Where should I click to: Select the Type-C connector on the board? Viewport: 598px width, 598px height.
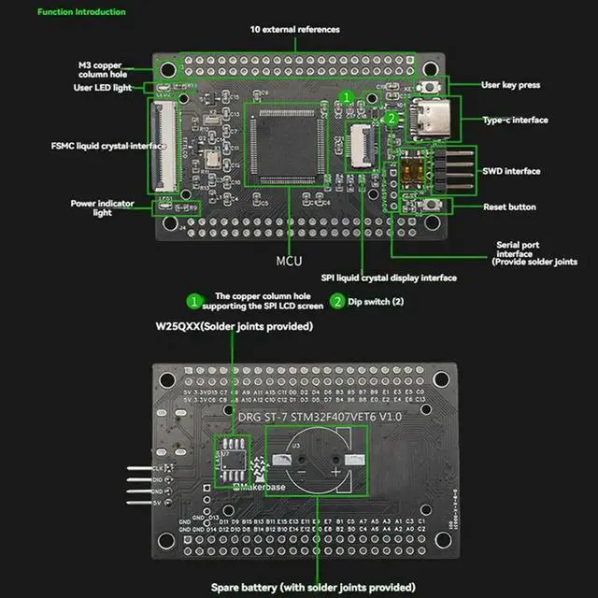(x=438, y=119)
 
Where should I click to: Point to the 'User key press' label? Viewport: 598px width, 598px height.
(x=510, y=85)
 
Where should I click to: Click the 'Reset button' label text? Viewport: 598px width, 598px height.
(x=509, y=206)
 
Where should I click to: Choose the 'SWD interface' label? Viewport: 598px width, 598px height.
(x=511, y=171)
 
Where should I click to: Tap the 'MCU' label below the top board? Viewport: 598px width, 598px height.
(x=289, y=260)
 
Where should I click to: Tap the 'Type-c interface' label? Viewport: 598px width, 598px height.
(x=515, y=120)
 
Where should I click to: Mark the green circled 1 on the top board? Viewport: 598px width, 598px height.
(x=346, y=96)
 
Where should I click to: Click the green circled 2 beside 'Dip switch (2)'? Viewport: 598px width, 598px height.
(x=336, y=303)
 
